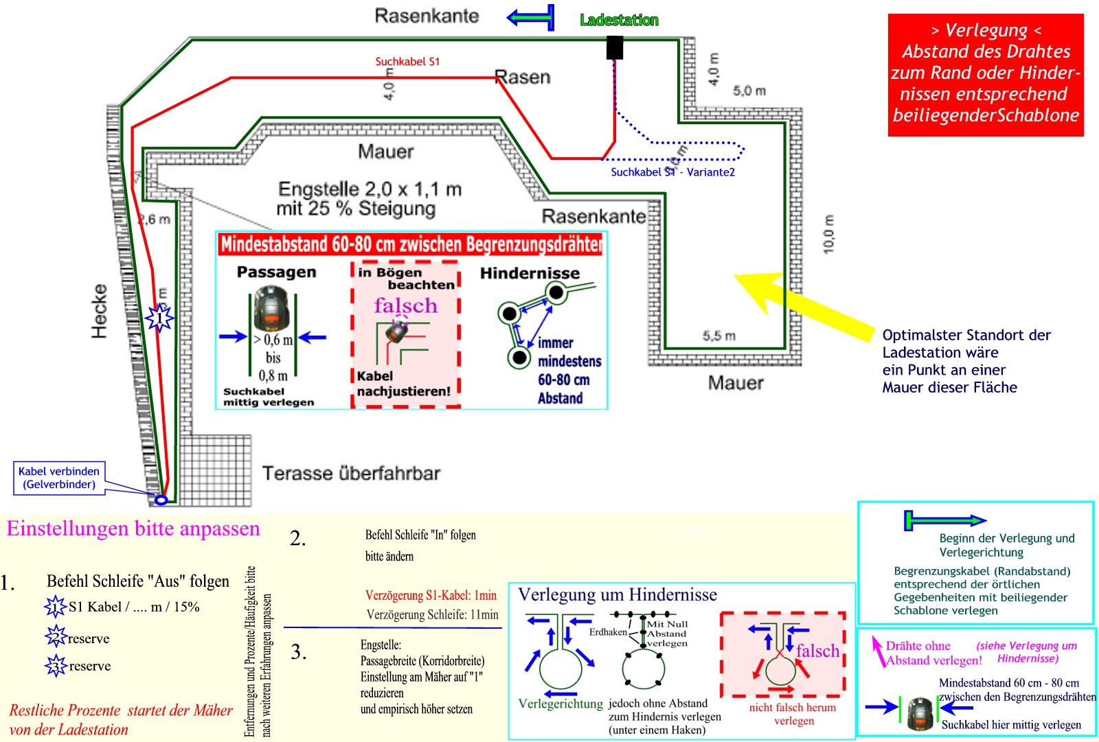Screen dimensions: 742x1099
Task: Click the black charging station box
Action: (x=615, y=47)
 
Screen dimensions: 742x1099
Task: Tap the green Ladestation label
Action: (x=619, y=21)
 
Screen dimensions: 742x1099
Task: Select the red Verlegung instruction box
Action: (x=985, y=74)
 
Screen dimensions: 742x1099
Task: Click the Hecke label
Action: (x=100, y=311)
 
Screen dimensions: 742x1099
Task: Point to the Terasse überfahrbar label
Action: (x=350, y=473)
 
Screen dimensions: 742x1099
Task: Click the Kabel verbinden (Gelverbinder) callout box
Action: (x=59, y=478)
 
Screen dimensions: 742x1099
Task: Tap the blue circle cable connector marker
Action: (x=161, y=500)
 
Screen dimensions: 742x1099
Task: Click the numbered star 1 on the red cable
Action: (x=159, y=318)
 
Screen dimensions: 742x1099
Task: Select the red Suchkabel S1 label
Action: (x=407, y=62)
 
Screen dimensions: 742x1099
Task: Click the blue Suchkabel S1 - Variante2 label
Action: (x=672, y=172)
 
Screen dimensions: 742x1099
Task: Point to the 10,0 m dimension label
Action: (x=828, y=234)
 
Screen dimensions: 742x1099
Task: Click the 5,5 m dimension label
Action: (x=718, y=336)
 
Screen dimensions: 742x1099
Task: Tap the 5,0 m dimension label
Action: (x=749, y=91)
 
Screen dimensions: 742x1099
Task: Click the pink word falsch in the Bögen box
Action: (x=405, y=305)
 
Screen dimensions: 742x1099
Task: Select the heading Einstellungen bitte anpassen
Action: (x=133, y=529)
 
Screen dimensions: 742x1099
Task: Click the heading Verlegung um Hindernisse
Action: (x=617, y=594)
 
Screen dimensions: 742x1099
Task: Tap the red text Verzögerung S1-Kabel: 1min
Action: (x=431, y=596)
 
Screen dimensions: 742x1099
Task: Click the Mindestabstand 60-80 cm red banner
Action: (x=411, y=244)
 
